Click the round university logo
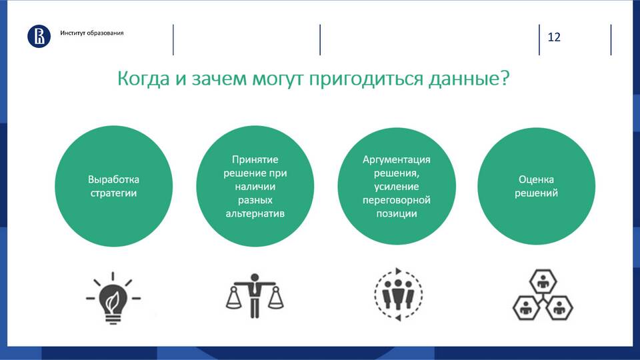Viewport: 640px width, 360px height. pos(39,36)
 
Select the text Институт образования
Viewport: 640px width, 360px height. pos(92,33)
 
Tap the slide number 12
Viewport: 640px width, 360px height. pos(554,37)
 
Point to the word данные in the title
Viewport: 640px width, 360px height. pos(464,79)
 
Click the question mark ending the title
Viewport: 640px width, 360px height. pos(505,77)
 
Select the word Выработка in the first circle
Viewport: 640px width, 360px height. pos(113,179)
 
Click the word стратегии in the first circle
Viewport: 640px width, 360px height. pos(113,193)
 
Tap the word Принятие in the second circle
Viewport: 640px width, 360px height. pos(255,159)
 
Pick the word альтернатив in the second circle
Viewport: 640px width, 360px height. pos(255,213)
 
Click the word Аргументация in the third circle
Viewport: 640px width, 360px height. pos(396,159)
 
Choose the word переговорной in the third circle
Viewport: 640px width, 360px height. pos(396,200)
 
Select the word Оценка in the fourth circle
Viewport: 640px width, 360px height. pos(536,179)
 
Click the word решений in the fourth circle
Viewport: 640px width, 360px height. pos(536,193)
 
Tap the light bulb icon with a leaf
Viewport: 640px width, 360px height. pos(113,298)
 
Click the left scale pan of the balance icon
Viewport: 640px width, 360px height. pos(234,298)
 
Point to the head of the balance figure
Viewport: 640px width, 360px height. pos(255,277)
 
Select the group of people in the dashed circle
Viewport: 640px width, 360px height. pos(398,293)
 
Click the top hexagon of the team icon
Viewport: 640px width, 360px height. pos(543,281)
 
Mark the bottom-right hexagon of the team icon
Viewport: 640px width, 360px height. pos(559,308)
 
